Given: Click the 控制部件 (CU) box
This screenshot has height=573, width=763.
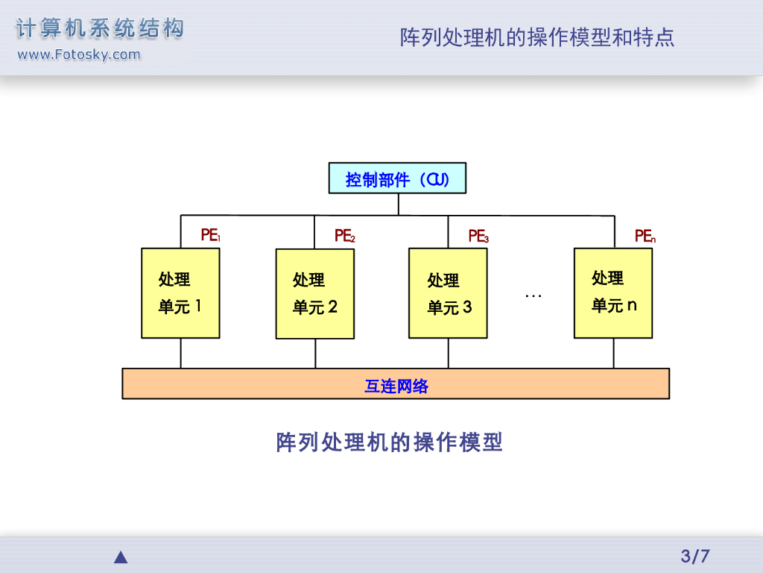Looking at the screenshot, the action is [x=397, y=178].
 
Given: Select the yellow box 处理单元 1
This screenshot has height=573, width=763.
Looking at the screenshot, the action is [x=180, y=292].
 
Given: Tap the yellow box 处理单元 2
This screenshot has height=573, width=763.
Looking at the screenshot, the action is [x=314, y=293].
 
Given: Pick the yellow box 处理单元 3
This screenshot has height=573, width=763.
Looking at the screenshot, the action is [x=448, y=292].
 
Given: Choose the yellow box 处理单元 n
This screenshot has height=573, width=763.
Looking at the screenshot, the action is [x=613, y=292].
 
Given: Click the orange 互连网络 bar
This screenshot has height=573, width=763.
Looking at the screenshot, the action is [x=396, y=383].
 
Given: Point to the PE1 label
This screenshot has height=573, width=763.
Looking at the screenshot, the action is [x=210, y=236].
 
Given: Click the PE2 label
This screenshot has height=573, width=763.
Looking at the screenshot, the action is [x=344, y=236].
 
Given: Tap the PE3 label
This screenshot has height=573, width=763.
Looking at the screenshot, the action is [x=478, y=236].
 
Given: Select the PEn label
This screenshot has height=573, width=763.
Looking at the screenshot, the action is [x=645, y=236].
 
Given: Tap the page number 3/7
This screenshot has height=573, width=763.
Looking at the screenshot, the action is [x=695, y=556].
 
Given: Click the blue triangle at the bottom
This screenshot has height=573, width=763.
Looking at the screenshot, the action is [x=121, y=557].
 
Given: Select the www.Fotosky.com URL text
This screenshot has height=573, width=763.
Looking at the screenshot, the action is [x=78, y=54].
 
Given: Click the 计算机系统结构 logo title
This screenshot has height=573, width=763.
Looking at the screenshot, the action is [x=100, y=29].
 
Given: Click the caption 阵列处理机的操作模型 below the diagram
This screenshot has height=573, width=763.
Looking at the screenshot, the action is [x=390, y=442].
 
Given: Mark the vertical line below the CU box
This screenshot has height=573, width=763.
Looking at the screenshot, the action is [x=399, y=204].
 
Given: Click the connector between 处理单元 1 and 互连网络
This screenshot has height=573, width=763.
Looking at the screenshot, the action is [x=180, y=353].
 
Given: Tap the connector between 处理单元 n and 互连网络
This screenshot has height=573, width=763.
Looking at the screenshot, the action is [x=613, y=353].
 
